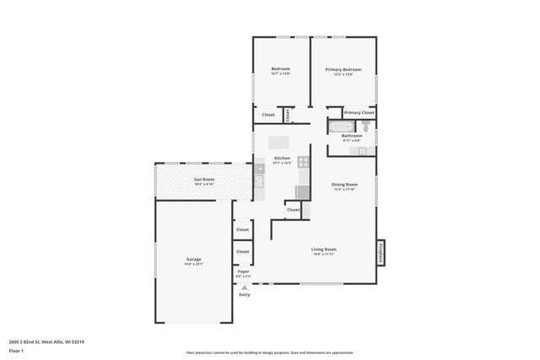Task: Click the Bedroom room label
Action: (x=280, y=68)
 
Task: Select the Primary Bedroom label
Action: (x=343, y=69)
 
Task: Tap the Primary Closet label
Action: (x=359, y=112)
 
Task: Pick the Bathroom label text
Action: (x=352, y=136)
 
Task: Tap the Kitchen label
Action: (x=282, y=159)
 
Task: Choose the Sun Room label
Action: (x=203, y=179)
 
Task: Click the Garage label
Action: (x=193, y=259)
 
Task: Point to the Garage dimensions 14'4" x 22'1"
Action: (x=193, y=264)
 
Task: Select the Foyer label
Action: (x=243, y=271)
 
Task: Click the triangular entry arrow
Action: (x=245, y=287)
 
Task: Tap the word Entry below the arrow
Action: (x=245, y=294)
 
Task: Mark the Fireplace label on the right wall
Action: (x=381, y=250)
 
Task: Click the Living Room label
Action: (x=324, y=249)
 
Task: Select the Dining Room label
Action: (x=344, y=184)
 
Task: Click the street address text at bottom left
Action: (x=47, y=341)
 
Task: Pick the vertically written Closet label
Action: (x=287, y=114)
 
